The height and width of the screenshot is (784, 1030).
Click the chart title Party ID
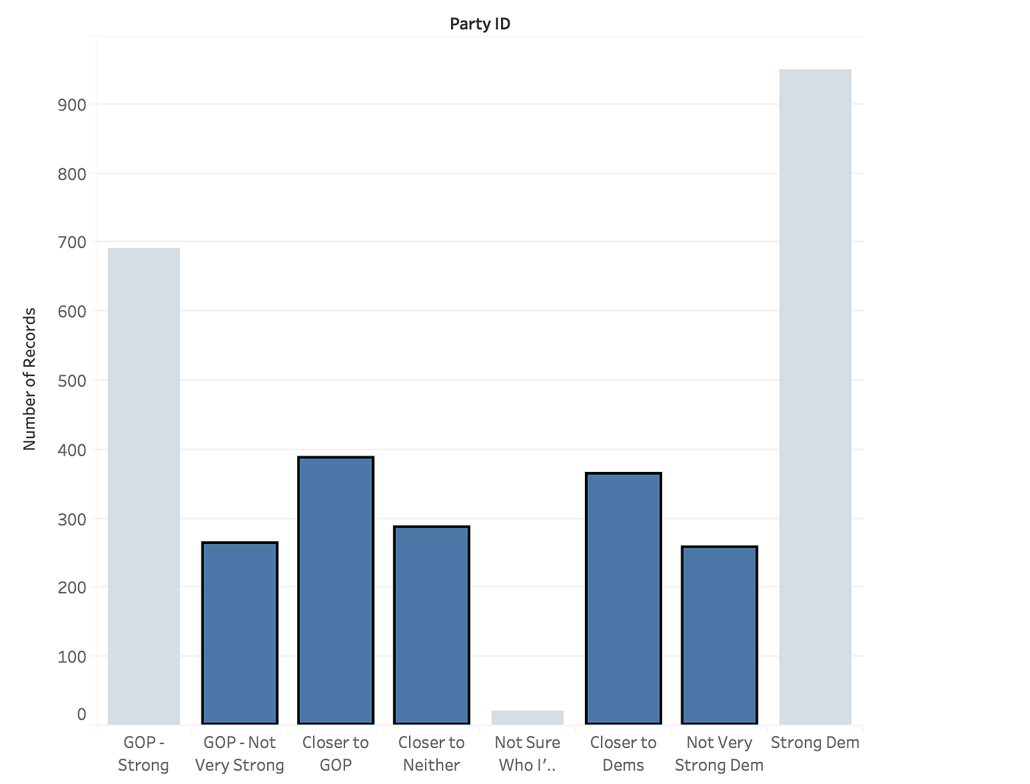pos(480,24)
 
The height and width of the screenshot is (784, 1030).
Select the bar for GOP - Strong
pos(143,486)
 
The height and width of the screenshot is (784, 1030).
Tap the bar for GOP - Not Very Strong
pos(240,633)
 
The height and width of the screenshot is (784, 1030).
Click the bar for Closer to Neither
pos(432,625)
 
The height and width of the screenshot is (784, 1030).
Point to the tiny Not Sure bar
pos(528,717)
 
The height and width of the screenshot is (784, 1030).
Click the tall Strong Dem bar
pos(815,397)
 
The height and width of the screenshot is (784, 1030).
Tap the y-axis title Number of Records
pos(29,379)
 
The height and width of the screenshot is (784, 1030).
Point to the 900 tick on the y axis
pos(72,105)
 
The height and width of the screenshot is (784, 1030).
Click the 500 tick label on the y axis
pos(72,381)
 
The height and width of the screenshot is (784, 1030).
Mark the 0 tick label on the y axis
pos(81,714)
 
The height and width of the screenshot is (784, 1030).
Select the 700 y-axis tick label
pos(72,242)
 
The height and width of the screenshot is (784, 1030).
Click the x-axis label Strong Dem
pos(815,743)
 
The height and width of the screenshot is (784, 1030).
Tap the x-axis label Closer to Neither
pos(432,754)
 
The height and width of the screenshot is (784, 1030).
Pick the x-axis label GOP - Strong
pos(143,754)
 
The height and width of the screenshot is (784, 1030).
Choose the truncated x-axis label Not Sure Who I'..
pos(528,754)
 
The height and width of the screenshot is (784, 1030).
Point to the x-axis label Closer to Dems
pos(623,754)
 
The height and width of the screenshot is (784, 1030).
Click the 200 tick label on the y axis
pos(72,587)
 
